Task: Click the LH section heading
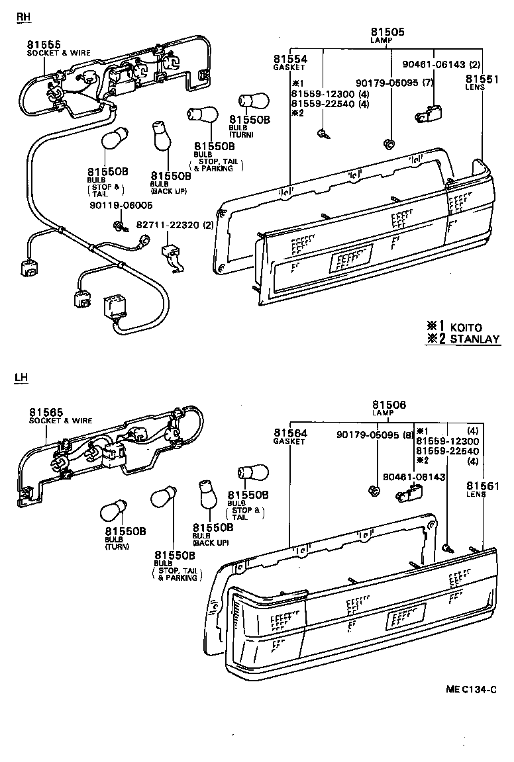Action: coord(22,378)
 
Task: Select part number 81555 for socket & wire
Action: coord(44,45)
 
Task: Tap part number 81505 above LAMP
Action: coord(387,32)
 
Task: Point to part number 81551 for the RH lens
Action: coord(481,79)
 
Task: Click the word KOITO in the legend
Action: coord(466,327)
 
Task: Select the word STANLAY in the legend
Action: coord(475,339)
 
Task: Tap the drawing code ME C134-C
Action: coord(471,689)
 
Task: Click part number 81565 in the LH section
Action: coord(45,412)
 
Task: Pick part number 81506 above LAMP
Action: coord(389,405)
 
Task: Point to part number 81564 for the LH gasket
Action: coord(291,433)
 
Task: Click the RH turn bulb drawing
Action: coord(253,101)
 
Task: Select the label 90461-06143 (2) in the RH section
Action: coord(442,65)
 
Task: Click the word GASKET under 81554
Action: coord(289,67)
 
